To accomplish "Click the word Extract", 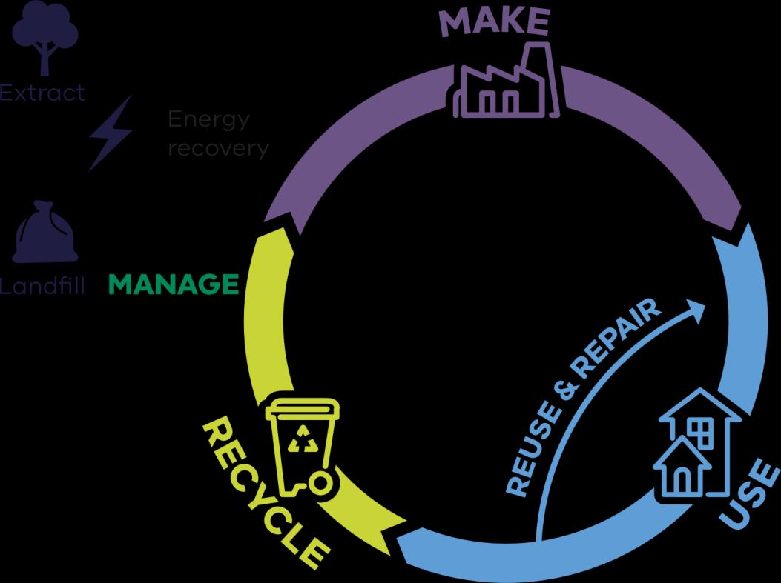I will [43, 93].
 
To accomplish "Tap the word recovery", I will [218, 148].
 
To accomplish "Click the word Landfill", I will [43, 284].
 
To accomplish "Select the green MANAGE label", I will [174, 284].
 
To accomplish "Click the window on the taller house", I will [699, 433].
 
